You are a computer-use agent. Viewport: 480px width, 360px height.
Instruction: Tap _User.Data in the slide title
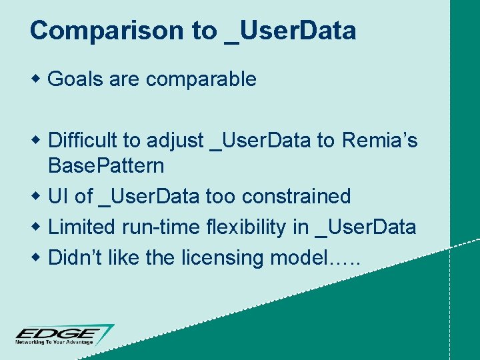(290, 31)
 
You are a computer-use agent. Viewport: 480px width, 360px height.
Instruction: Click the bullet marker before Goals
(37, 79)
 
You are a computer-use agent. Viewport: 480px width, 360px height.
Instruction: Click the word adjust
(175, 141)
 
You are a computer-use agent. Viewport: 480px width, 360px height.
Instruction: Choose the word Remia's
(379, 141)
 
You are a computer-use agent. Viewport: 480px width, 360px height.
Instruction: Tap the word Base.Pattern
(106, 165)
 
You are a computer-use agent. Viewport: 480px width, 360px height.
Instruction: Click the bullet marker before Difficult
(37, 140)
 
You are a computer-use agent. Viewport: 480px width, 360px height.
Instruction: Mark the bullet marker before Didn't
(37, 257)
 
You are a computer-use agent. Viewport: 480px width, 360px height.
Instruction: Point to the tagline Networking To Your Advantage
(57, 342)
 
